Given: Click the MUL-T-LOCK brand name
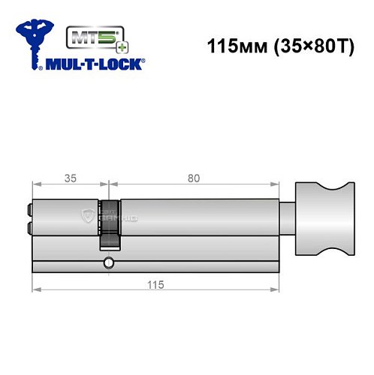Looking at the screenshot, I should tap(97, 65).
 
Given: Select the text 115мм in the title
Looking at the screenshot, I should tap(229, 43).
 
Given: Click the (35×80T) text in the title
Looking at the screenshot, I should tap(306, 43).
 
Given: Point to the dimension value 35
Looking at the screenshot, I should tap(71, 179).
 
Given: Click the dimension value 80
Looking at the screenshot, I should tap(195, 179).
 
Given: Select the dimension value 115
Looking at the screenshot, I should tap(156, 286).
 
